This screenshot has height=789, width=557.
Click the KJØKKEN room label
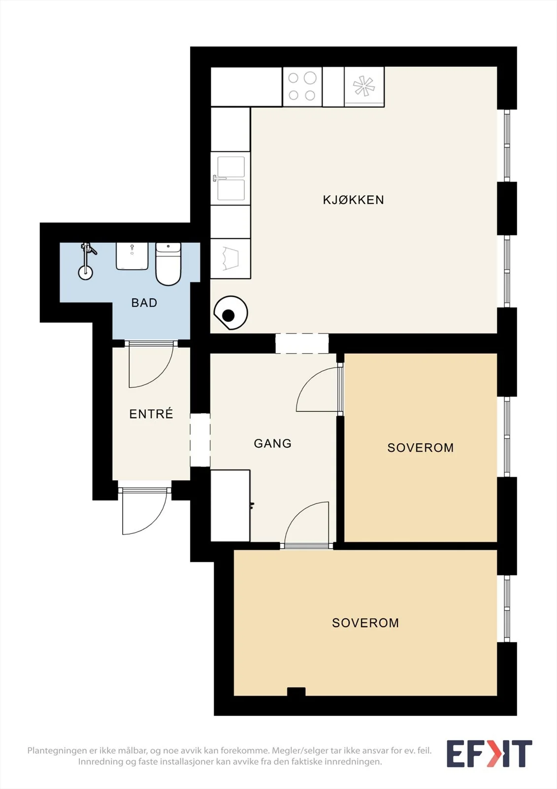[x=353, y=200]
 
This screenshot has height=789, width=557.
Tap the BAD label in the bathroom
[x=144, y=303]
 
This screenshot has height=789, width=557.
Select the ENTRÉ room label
[x=151, y=414]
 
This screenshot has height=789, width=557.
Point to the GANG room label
[x=273, y=443]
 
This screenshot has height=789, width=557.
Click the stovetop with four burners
[x=302, y=87]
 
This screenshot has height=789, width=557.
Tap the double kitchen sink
[x=231, y=179]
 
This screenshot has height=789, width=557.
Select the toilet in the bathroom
[x=168, y=264]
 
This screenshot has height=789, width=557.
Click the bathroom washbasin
[x=132, y=256]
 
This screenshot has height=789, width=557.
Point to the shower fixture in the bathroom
[x=86, y=261]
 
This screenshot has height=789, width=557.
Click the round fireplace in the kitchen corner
[x=230, y=313]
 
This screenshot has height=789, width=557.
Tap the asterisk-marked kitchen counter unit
[x=364, y=87]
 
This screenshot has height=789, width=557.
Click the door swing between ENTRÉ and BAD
[x=151, y=364]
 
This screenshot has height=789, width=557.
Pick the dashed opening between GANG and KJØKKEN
[x=302, y=343]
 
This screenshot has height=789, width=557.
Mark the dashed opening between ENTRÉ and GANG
[x=200, y=440]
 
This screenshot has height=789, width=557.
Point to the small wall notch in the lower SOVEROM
[x=296, y=692]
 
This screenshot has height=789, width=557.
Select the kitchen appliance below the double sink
[x=231, y=259]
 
